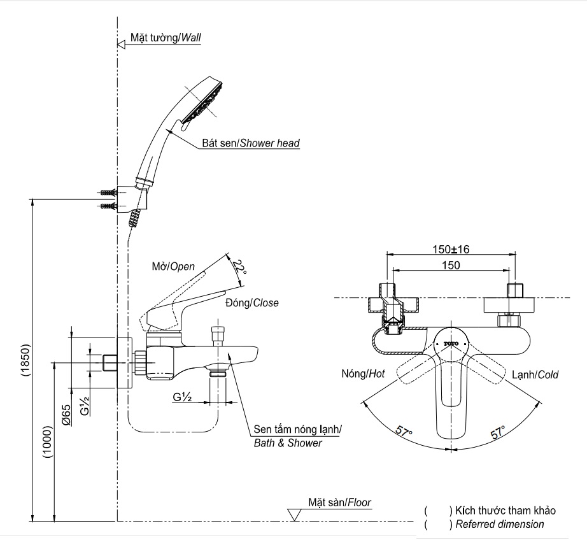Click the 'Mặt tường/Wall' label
[x=166, y=38]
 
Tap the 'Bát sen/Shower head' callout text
[x=251, y=144]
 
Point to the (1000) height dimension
[x=48, y=446]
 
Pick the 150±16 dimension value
[x=451, y=250]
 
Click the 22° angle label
[x=239, y=266]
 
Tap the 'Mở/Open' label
[x=173, y=266]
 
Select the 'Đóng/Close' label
[x=252, y=303]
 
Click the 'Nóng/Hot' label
[x=363, y=375]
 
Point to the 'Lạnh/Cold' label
[x=534, y=375]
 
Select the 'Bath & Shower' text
[x=288, y=443]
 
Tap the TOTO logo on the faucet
[x=451, y=344]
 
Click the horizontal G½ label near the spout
[x=183, y=397]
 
